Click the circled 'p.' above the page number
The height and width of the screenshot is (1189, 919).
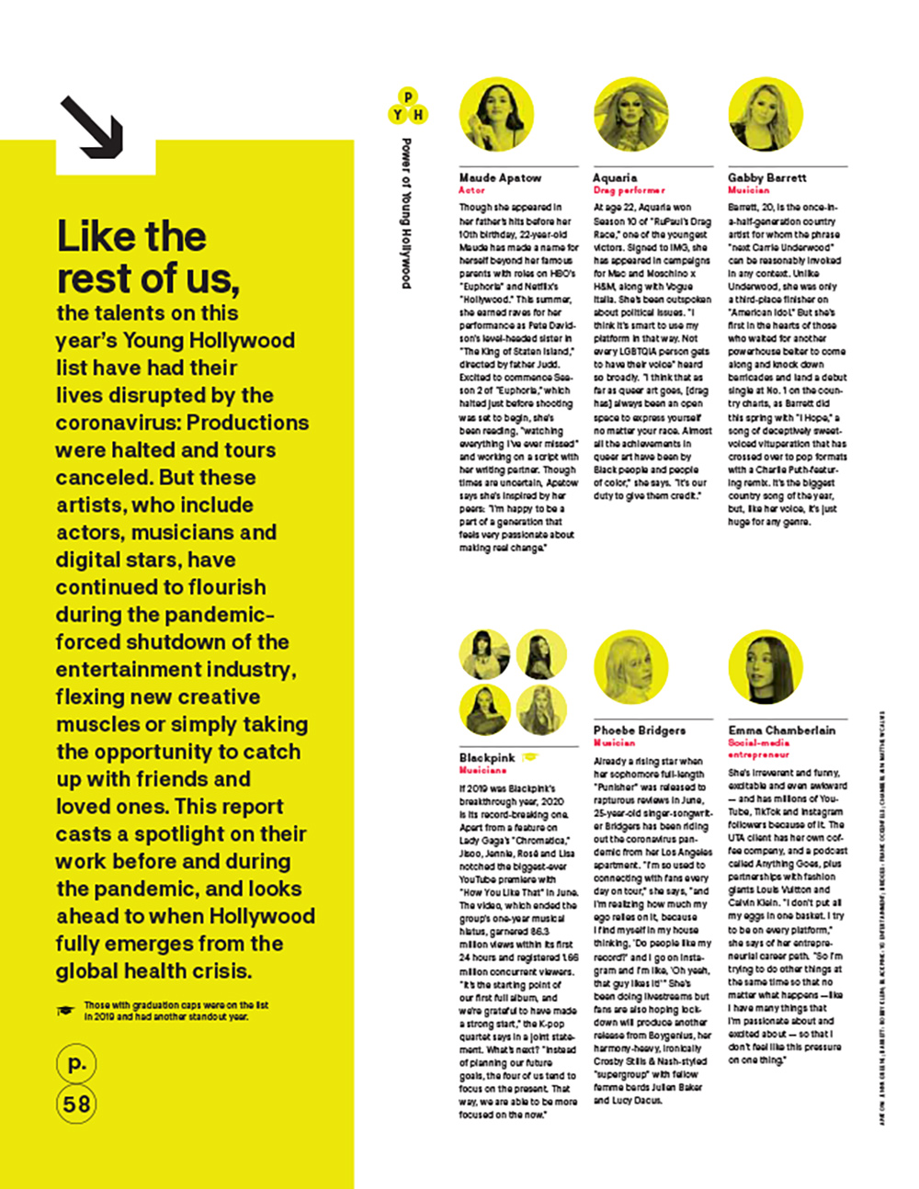77,1064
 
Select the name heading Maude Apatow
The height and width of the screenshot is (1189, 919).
500,177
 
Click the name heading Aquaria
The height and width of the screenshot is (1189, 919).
615,177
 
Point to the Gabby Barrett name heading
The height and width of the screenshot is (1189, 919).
766,177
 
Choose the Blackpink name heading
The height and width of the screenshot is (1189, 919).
487,758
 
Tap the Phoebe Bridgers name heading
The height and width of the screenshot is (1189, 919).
639,730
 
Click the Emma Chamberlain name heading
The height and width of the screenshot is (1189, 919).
781,730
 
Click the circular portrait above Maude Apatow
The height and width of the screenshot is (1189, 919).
495,115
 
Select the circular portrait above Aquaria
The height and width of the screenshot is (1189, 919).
630,115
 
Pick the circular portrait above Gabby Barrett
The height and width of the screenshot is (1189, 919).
766,115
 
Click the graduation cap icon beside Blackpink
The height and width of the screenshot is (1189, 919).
530,758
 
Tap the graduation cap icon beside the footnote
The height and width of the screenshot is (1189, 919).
65,1011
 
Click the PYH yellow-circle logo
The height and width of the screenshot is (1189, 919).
408,108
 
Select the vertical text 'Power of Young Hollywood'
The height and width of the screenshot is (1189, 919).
406,213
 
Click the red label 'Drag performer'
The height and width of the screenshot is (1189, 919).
629,190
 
